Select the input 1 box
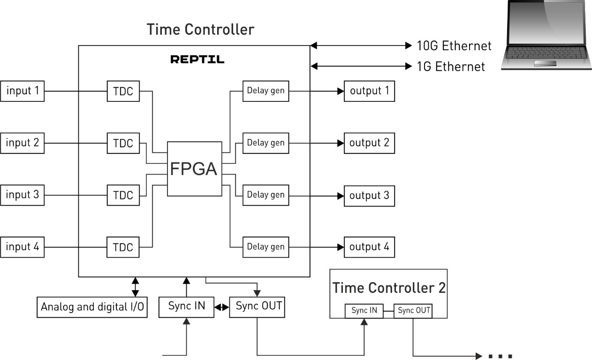coord(23,91)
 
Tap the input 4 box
coord(23,247)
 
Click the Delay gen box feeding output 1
coord(266,91)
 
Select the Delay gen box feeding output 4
coord(266,247)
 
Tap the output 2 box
coord(369,143)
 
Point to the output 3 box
coord(369,195)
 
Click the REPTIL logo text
coord(197,60)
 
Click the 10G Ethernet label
coord(454,46)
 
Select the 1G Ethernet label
coord(450,67)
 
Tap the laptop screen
coord(546,21)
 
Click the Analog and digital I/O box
coord(92,307)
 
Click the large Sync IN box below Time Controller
coord(187,307)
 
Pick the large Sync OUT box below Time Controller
coord(258,307)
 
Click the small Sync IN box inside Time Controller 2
coord(364,310)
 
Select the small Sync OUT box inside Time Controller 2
coord(413,310)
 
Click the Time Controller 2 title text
coord(389,289)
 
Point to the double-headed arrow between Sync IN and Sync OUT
coord(221,307)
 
